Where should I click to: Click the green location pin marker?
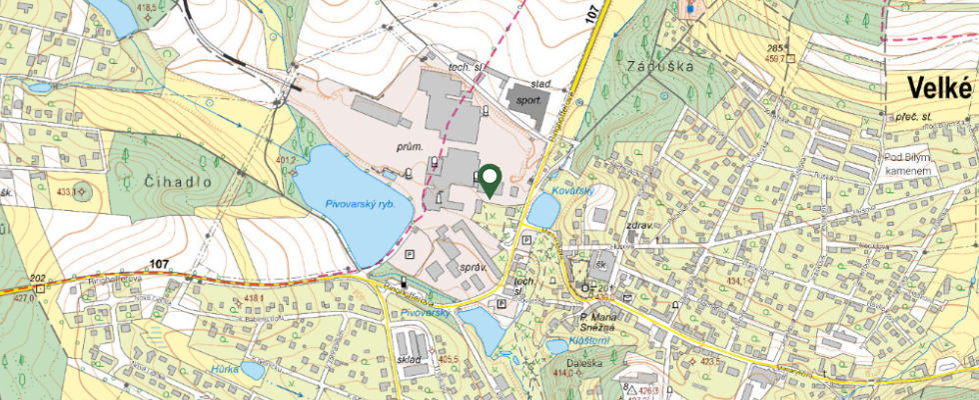(489, 179)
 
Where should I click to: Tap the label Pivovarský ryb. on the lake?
(361, 203)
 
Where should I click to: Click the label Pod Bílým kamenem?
(907, 165)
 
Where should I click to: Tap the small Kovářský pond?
(544, 211)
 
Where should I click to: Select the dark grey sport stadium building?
(524, 98)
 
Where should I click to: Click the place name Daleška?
(586, 363)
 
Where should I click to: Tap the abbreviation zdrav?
(639, 226)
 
